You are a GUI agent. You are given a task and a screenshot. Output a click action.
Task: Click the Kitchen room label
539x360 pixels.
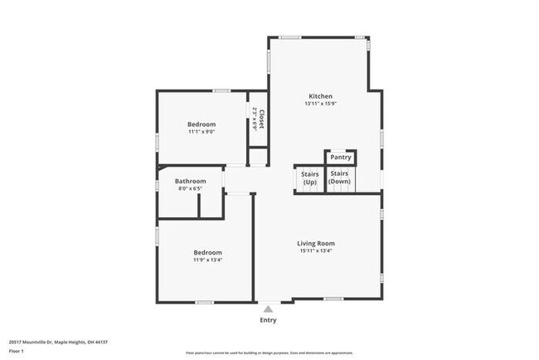321,95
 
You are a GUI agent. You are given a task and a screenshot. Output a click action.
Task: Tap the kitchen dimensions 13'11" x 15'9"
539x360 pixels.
321,104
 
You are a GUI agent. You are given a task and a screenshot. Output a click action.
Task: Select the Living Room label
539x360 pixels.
316,243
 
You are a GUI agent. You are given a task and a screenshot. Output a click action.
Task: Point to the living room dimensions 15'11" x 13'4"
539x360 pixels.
316,251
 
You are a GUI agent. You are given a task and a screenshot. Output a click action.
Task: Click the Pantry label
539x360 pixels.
341,157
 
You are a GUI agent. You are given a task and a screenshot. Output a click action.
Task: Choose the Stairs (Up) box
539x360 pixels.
309,178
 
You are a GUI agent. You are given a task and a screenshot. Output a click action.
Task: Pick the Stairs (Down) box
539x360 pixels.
340,178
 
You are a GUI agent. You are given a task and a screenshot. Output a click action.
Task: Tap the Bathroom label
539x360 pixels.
190,181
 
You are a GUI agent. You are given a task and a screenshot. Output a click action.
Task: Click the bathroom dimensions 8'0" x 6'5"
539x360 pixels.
190,189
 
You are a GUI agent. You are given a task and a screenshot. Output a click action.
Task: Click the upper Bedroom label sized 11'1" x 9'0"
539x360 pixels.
202,124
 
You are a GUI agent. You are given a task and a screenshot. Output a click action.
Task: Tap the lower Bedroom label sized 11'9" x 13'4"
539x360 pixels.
207,252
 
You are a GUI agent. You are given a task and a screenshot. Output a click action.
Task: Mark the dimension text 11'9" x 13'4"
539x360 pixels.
207,260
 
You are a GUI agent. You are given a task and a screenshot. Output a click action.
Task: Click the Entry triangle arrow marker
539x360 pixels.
268,309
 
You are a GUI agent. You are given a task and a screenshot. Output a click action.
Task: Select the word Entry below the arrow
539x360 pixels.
268,320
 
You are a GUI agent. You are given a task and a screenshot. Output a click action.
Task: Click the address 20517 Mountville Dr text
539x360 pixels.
59,342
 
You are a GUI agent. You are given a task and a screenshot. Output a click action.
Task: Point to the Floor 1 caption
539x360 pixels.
17,351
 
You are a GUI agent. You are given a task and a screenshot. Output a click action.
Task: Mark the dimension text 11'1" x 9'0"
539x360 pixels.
202,132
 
